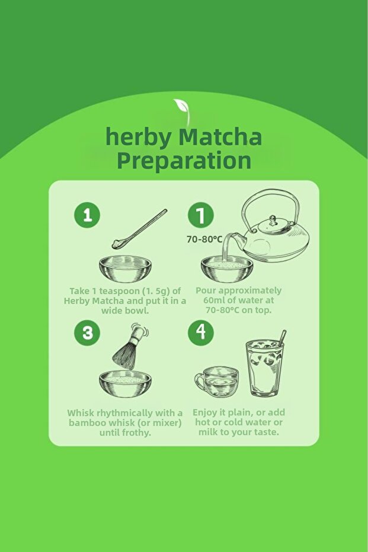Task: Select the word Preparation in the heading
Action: click(x=184, y=160)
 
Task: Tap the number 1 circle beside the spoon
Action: click(x=87, y=215)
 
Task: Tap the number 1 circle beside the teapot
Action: click(x=200, y=215)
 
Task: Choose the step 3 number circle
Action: click(x=87, y=333)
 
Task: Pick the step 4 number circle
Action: click(x=200, y=333)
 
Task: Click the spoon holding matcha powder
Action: click(x=139, y=229)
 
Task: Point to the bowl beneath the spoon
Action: click(x=125, y=269)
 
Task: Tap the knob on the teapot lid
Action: click(x=273, y=221)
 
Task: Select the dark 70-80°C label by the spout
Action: click(x=204, y=240)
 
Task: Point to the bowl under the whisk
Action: click(x=125, y=384)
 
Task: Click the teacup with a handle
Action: click(x=217, y=382)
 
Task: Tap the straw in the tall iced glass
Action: click(x=282, y=337)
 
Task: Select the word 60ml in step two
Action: click(x=214, y=300)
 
